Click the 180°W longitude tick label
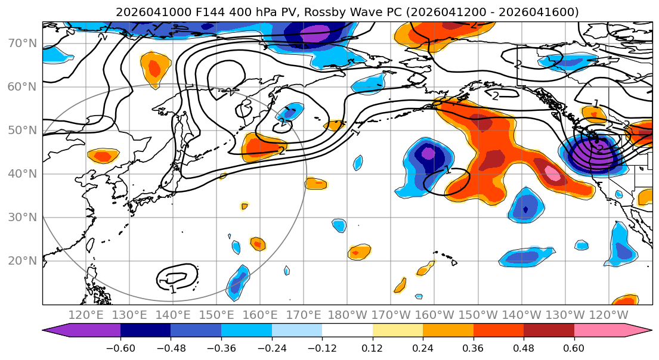tap(347, 315)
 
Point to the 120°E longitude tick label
tap(86, 315)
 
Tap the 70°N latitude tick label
tap(22, 43)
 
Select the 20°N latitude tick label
tap(22, 260)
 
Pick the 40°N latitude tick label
tap(22, 173)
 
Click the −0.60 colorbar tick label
tap(120, 347)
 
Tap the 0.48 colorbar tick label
tap(523, 347)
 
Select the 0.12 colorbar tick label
tap(372, 347)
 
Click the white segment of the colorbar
tap(347, 331)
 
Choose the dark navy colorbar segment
tap(146, 331)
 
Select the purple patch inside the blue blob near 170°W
tap(428, 153)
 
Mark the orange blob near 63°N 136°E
tap(154, 69)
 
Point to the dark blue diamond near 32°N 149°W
tap(525, 210)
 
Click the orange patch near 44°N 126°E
tap(103, 157)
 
